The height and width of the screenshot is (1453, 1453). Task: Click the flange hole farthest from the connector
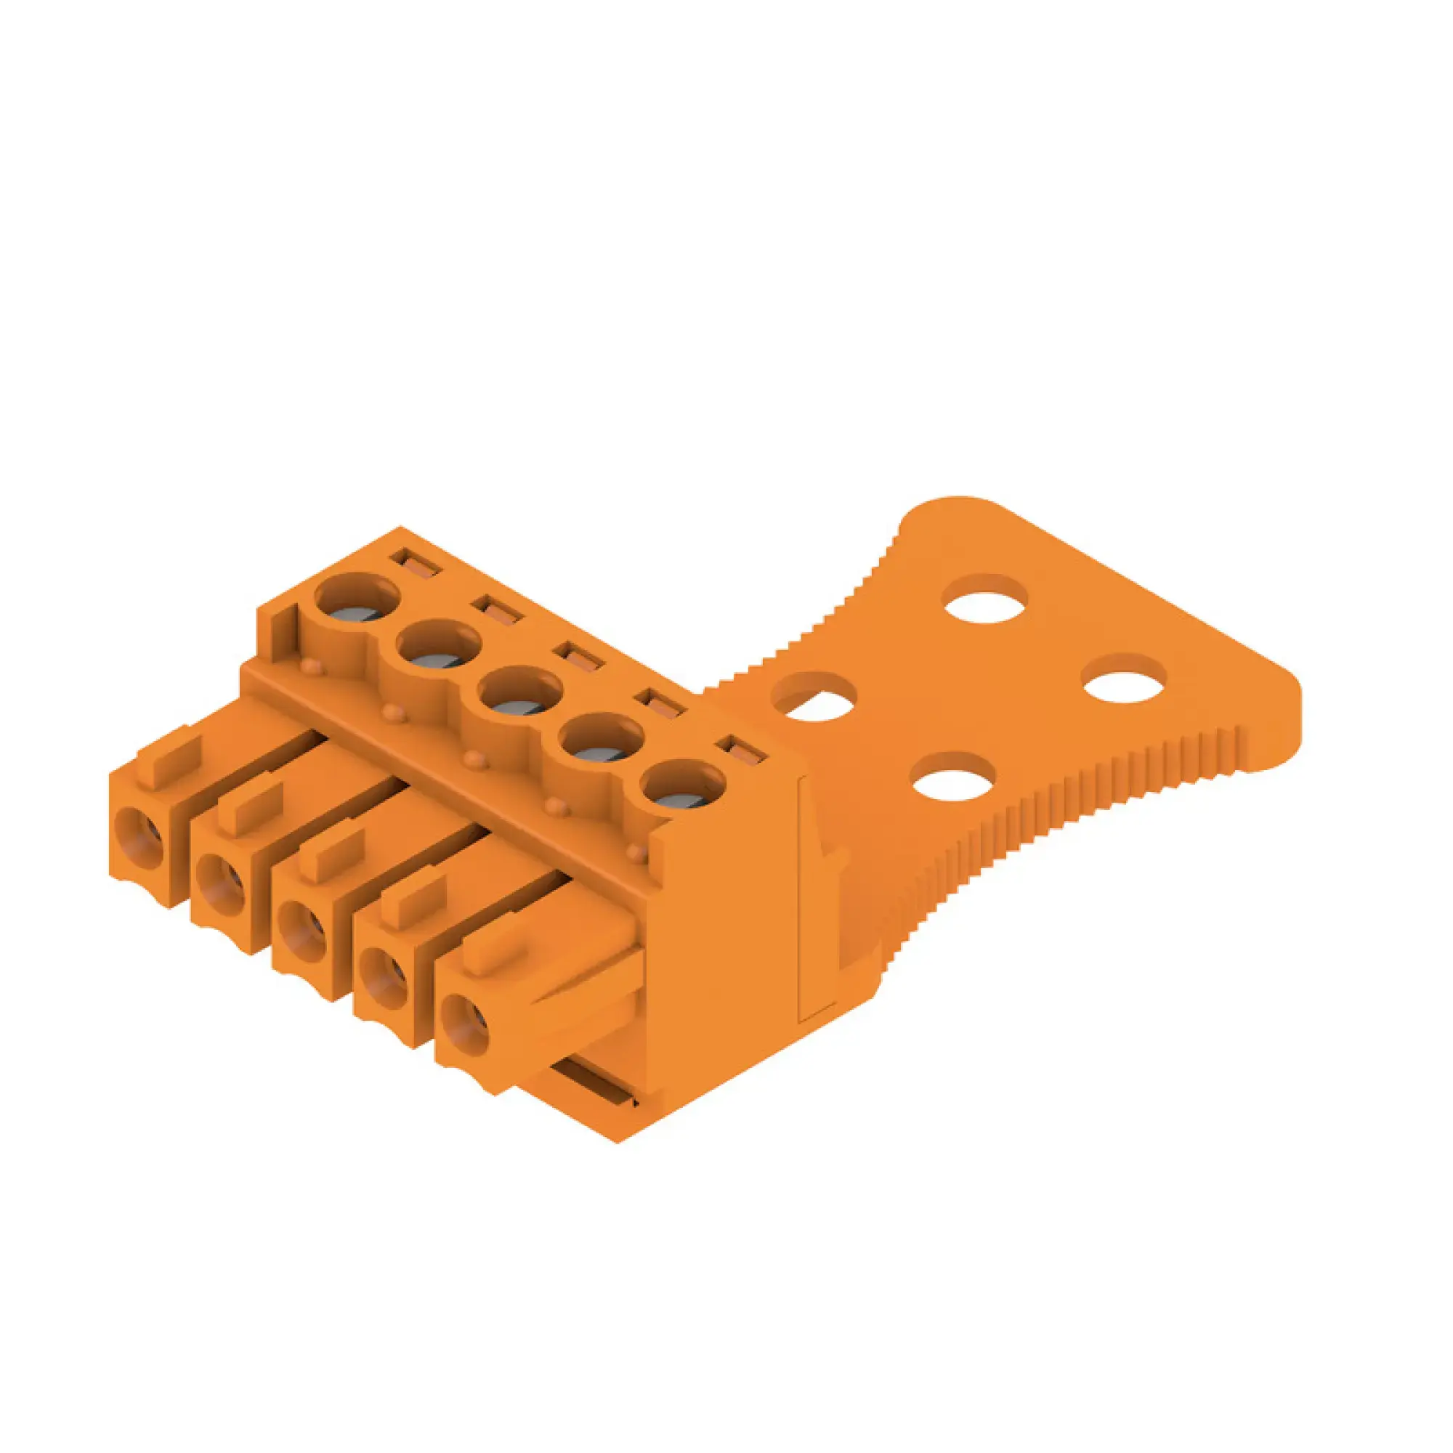(986, 598)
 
